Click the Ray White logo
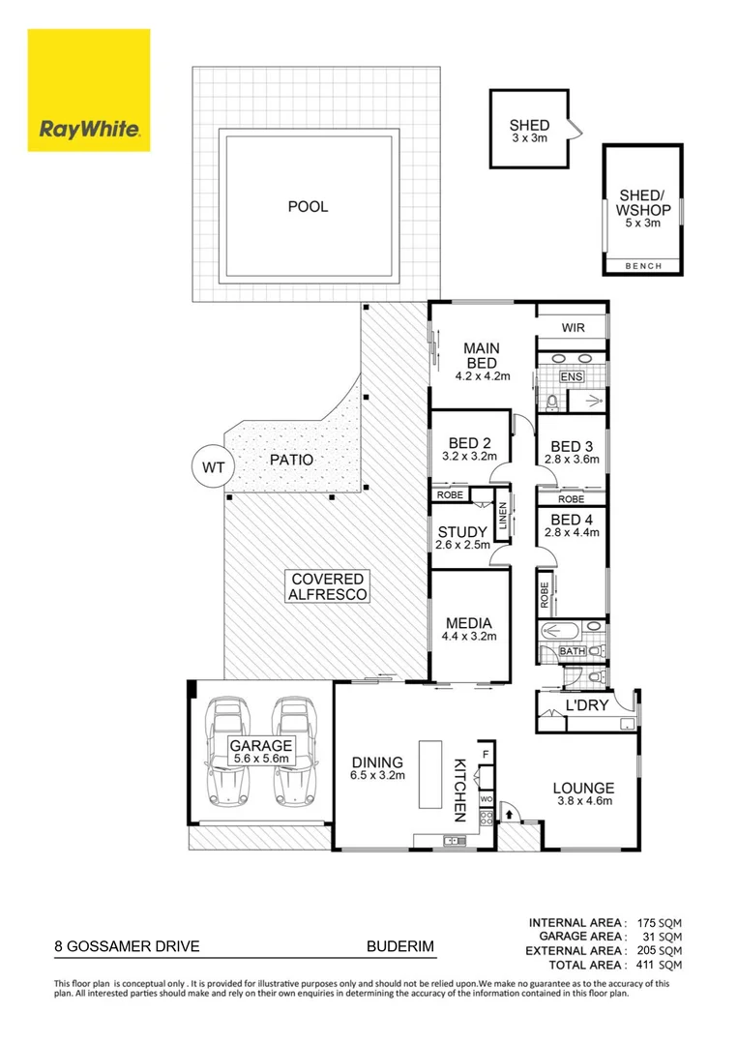tap(89, 90)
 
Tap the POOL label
tap(308, 206)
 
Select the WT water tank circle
tap(213, 466)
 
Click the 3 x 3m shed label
tap(529, 138)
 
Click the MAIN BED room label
tap(480, 355)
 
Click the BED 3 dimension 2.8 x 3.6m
tap(573, 461)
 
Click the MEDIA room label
tap(469, 622)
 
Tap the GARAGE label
tap(259, 745)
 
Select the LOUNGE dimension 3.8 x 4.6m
tap(584, 802)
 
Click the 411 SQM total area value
tap(660, 965)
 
